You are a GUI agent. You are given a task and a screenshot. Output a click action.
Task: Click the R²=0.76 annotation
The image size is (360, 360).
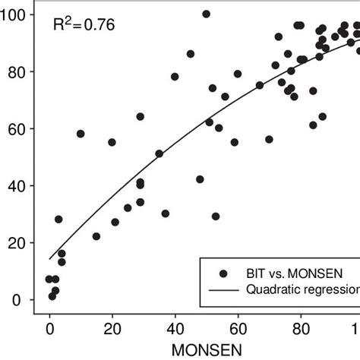click(x=84, y=25)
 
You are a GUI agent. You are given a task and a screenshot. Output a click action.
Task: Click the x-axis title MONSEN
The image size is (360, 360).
click(x=204, y=351)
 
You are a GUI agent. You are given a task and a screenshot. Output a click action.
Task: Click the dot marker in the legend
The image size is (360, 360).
click(x=223, y=272)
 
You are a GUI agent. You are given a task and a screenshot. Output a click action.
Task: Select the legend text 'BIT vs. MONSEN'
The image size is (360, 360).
click(x=286, y=272)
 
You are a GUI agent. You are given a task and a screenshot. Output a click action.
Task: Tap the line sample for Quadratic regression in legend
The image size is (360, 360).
click(x=223, y=289)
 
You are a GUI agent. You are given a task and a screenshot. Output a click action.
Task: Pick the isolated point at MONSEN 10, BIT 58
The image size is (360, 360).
click(x=81, y=134)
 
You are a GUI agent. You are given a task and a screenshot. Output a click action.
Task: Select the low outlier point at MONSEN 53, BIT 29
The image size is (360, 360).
click(x=216, y=216)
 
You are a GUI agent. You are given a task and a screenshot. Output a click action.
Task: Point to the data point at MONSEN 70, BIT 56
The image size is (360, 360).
click(x=269, y=140)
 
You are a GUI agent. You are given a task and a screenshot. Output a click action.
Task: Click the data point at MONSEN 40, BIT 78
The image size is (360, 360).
click(x=175, y=77)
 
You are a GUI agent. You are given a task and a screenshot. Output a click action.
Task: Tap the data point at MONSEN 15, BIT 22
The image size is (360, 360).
click(x=96, y=236)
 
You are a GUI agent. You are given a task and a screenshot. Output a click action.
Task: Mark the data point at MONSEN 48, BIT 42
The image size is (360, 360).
click(x=200, y=179)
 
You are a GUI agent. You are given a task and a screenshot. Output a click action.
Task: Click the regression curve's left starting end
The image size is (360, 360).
click(x=50, y=259)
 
